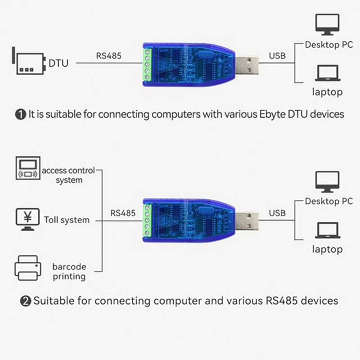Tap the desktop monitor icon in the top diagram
coord(328,24)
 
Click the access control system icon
coord(27,168)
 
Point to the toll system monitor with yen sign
coord(27,219)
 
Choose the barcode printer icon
coord(27,268)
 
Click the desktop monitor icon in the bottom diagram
coord(328,181)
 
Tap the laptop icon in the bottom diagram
coord(328,231)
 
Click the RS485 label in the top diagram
coord(108,57)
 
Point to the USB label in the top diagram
coord(277,57)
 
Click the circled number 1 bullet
coord(21,114)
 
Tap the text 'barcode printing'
coord(69,272)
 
